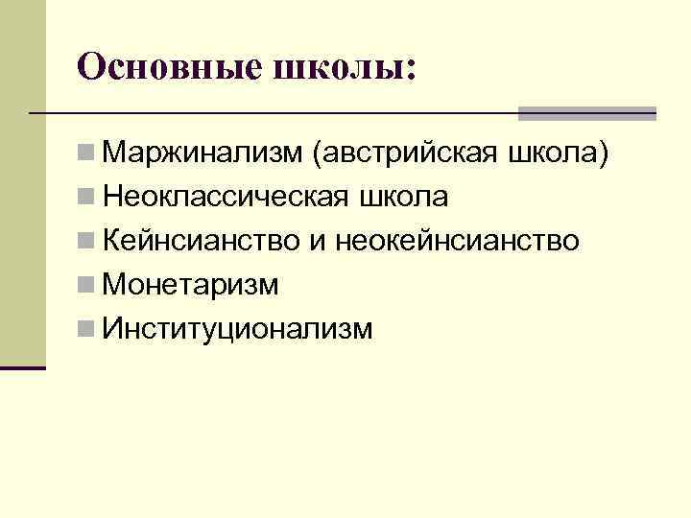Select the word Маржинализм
(x=203, y=153)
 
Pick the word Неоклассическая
(x=225, y=197)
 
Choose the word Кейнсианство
(x=201, y=241)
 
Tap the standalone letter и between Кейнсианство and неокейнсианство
(x=317, y=242)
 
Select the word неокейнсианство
(x=458, y=241)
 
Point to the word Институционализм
(x=236, y=329)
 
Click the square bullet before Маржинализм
(x=87, y=153)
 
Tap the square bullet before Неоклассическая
(x=87, y=197)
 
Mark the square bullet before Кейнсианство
(x=87, y=241)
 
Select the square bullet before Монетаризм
(x=87, y=285)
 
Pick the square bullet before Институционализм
(x=87, y=329)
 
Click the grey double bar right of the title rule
(x=587, y=113)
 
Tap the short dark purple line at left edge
(x=23, y=366)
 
